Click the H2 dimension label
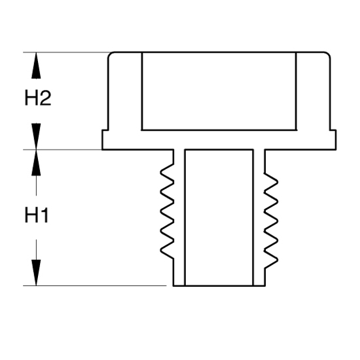pyautogui.click(x=38, y=98)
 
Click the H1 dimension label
pyautogui.click(x=37, y=215)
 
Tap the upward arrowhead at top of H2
pyautogui.click(x=36, y=65)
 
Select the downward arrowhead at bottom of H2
pyautogui.click(x=36, y=136)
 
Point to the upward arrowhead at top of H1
pyautogui.click(x=36, y=163)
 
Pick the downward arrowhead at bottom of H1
pyautogui.click(x=36, y=273)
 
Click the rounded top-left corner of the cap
pyautogui.click(x=110, y=54)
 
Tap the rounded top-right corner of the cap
pyautogui.click(x=329, y=54)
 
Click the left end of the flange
pyautogui.click(x=102, y=140)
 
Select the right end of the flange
pyautogui.click(x=336, y=140)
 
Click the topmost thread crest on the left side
pyautogui.click(x=161, y=172)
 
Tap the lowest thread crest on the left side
pyautogui.click(x=161, y=251)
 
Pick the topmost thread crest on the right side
pyautogui.click(x=278, y=182)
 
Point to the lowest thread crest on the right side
pyautogui.click(x=278, y=260)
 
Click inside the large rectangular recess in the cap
pyautogui.click(x=219, y=92)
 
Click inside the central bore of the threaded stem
pyautogui.click(x=219, y=218)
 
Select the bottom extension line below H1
pyautogui.click(x=95, y=286)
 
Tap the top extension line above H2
pyautogui.click(x=67, y=52)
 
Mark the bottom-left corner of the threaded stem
pyautogui.click(x=173, y=286)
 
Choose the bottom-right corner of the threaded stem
pyautogui.click(x=265, y=286)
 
